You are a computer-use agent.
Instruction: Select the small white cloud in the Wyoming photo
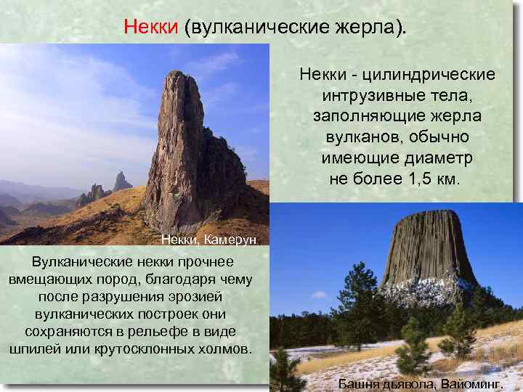pyautogui.click(x=319, y=295)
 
